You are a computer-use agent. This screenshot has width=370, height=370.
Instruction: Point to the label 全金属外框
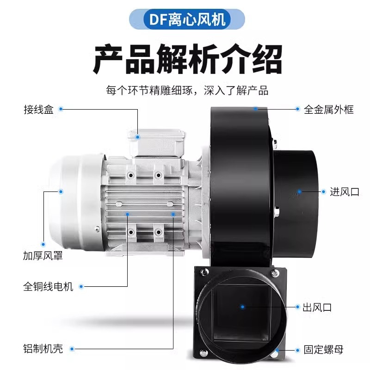[329, 110]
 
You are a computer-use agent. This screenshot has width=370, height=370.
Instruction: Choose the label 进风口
[345, 192]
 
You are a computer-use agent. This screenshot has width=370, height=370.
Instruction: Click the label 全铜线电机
[48, 287]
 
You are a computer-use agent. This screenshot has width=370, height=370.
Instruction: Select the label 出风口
[317, 307]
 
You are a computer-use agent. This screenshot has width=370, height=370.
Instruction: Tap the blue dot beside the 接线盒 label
[60, 110]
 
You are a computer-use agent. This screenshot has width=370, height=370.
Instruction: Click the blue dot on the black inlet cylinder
[299, 191]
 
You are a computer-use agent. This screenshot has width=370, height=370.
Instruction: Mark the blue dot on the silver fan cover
[60, 191]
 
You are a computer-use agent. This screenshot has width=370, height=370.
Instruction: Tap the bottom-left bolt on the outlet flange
[203, 355]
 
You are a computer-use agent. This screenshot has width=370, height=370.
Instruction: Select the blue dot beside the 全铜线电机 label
[81, 287]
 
